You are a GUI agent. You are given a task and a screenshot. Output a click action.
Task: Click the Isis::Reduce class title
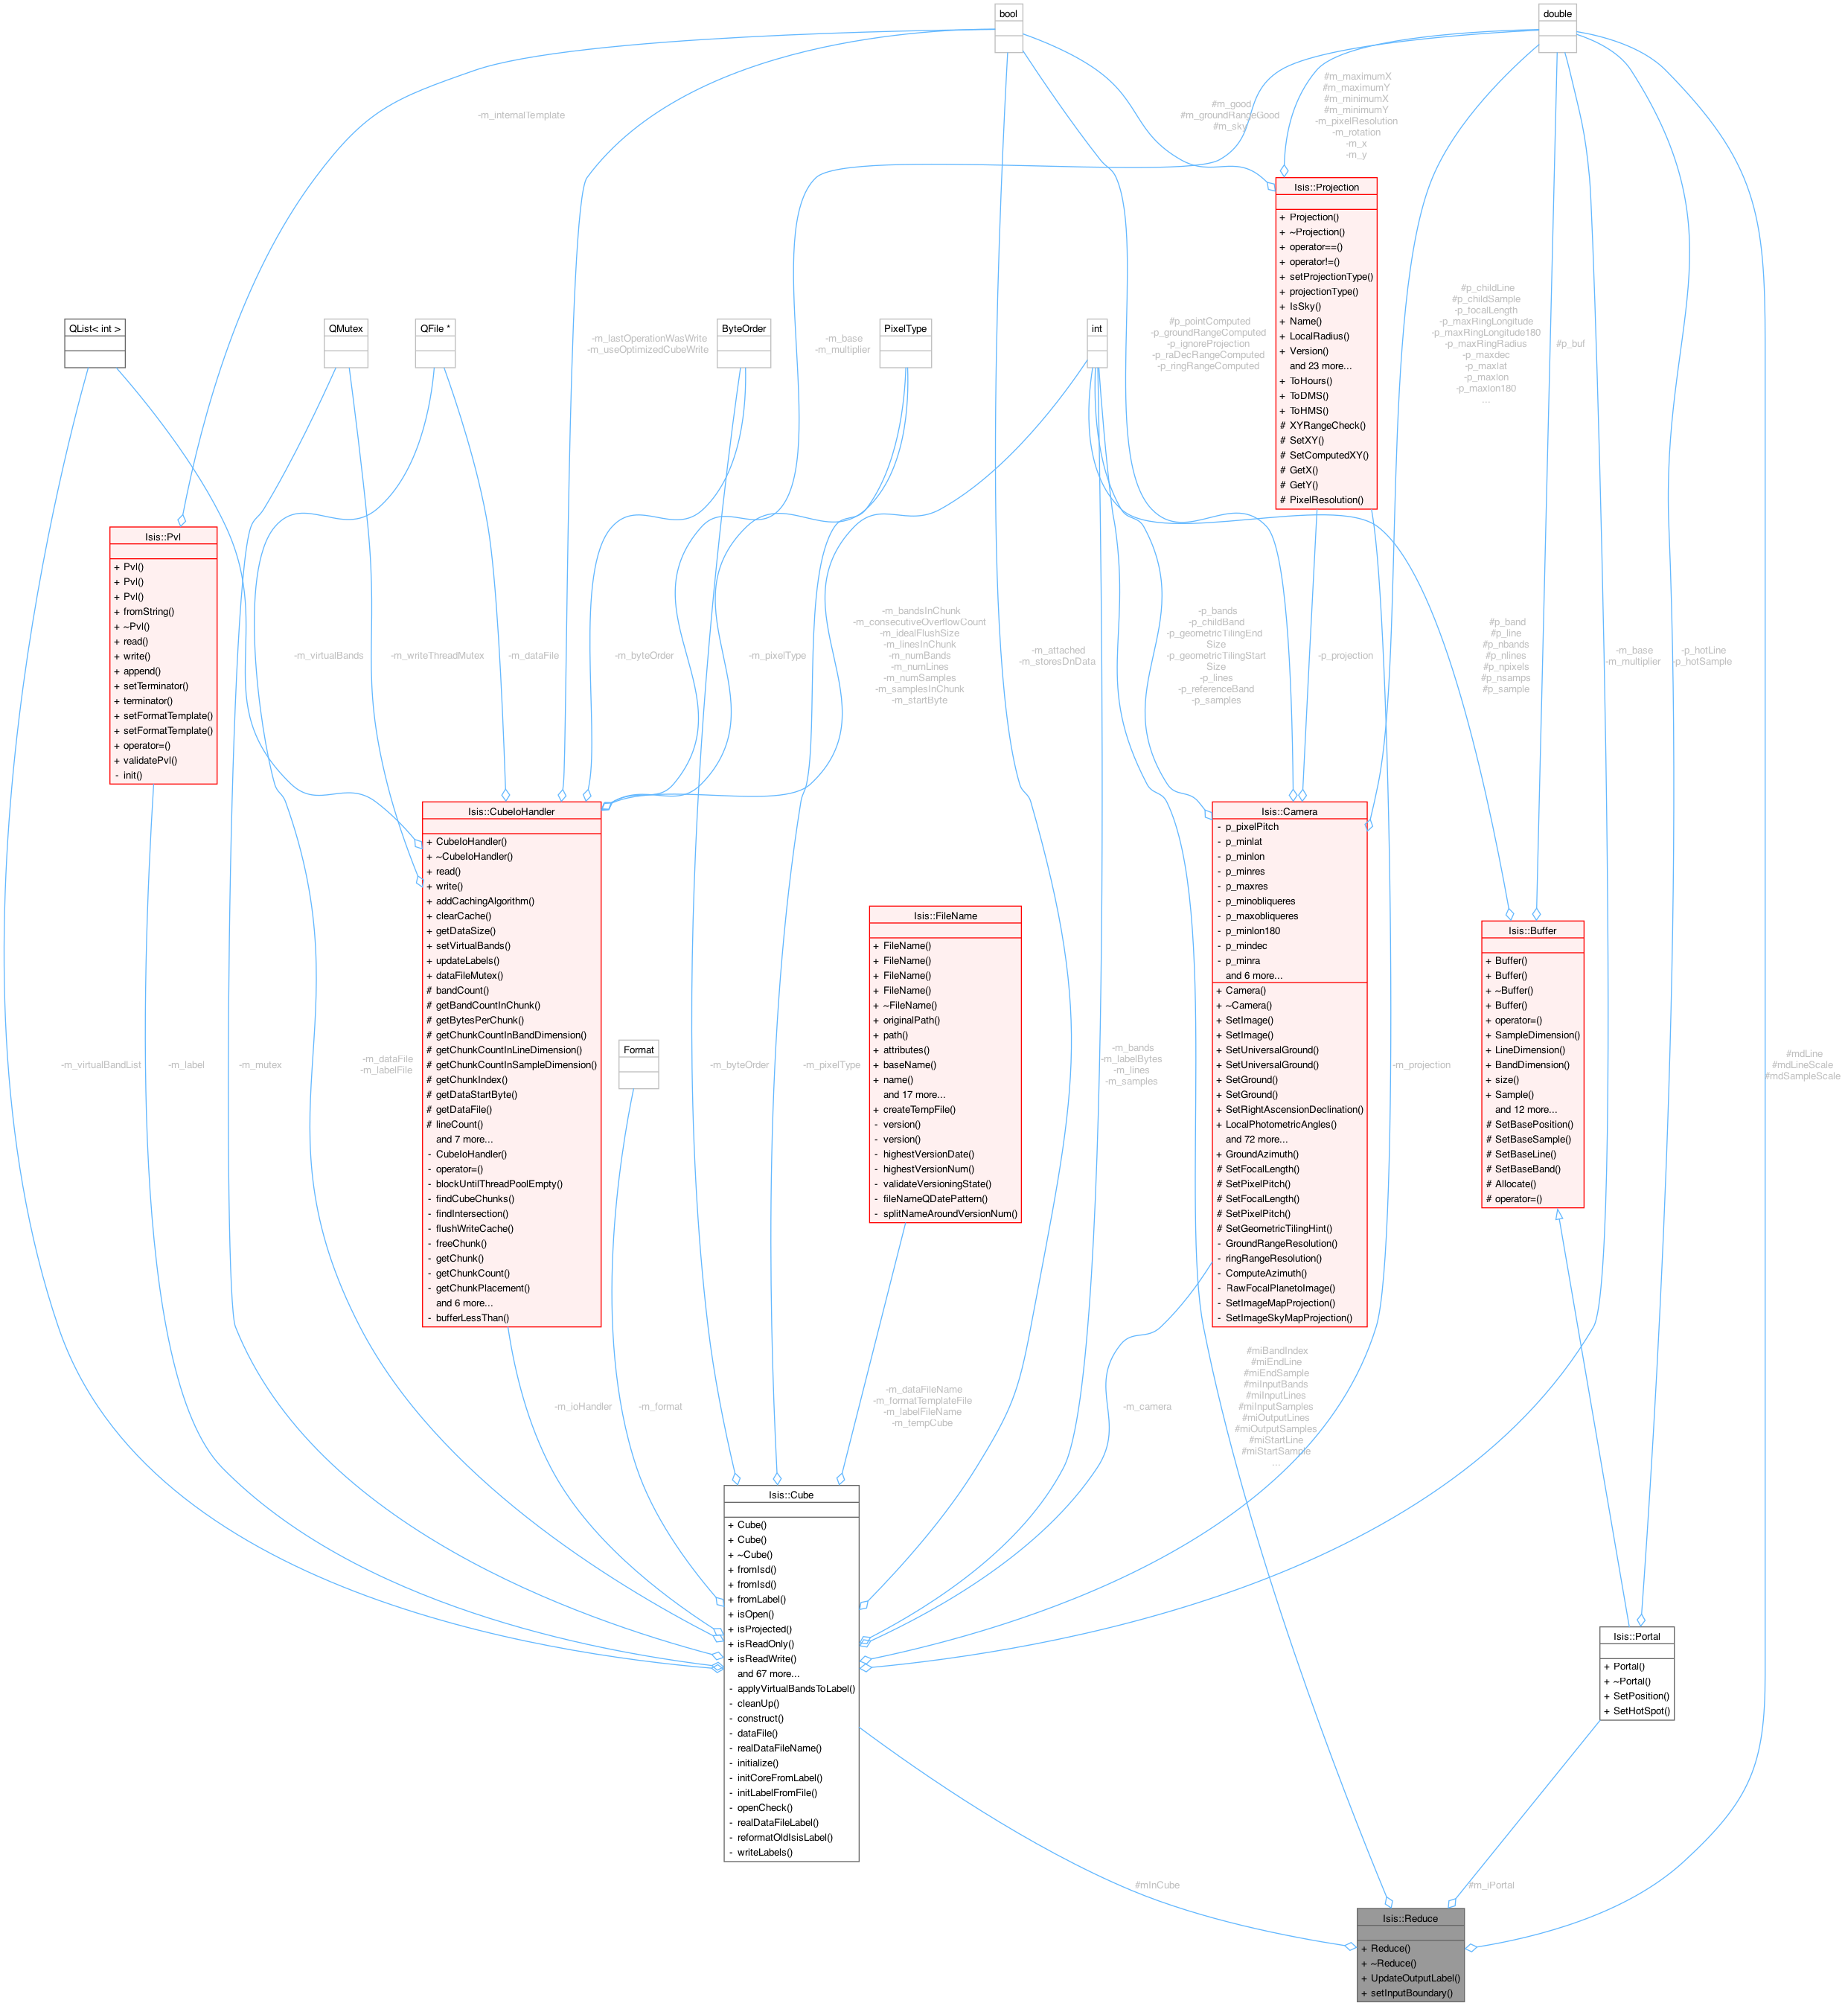pos(1410,1918)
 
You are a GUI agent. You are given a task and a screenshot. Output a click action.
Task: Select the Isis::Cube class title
pos(790,1495)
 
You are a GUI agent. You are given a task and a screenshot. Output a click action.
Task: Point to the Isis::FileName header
pos(945,916)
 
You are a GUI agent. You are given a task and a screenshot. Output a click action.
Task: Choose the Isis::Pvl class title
pos(163,537)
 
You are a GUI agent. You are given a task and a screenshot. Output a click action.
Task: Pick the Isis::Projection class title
pos(1326,188)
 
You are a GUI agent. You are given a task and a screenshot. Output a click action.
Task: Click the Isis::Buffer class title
pos(1532,930)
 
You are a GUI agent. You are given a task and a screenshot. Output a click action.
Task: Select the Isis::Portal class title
pos(1637,1637)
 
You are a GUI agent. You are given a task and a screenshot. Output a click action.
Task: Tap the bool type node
pos(1008,14)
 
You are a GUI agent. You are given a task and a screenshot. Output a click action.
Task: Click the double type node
pos(1558,14)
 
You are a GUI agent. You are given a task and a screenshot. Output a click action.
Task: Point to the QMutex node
pos(345,328)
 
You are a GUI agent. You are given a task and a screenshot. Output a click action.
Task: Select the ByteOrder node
pos(744,328)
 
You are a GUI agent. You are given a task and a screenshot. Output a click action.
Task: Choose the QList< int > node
pos(95,328)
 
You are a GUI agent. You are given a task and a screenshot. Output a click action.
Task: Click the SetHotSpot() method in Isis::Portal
pos(1641,1711)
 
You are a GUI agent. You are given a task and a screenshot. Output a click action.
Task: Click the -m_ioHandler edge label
pos(583,1407)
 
